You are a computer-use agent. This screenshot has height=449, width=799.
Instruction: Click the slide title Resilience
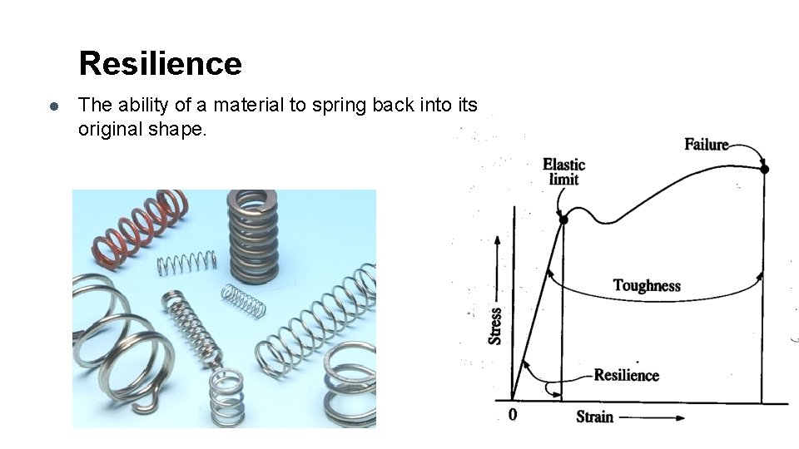click(x=160, y=63)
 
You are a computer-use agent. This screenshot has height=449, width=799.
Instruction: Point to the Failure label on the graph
click(x=706, y=145)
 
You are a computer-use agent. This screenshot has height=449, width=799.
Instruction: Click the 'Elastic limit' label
click(x=563, y=171)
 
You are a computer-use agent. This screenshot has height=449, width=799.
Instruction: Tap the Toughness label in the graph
click(x=647, y=286)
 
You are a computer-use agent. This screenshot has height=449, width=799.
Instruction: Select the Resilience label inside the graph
click(x=626, y=375)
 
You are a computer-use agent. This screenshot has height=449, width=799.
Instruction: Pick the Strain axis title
click(x=594, y=417)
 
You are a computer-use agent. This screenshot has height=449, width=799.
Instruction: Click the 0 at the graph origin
click(x=512, y=414)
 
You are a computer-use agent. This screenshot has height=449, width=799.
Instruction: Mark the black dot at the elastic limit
click(x=563, y=220)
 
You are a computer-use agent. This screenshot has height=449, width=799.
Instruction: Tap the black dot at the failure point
click(x=764, y=169)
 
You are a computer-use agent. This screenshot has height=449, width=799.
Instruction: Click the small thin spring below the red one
click(x=187, y=263)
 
